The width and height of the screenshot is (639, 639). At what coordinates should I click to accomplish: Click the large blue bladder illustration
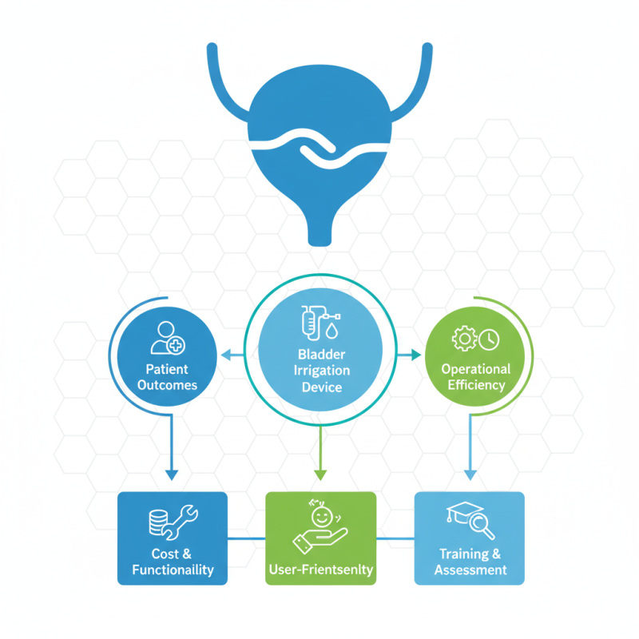pyautogui.click(x=319, y=136)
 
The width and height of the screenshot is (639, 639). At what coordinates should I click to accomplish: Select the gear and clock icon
pyautogui.click(x=475, y=338)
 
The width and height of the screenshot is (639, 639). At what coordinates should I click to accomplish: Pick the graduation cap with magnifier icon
pyautogui.click(x=470, y=519)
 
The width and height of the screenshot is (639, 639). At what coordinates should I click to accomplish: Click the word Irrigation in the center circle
pyautogui.click(x=321, y=371)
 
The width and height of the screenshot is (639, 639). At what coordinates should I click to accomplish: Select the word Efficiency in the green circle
pyautogui.click(x=476, y=384)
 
